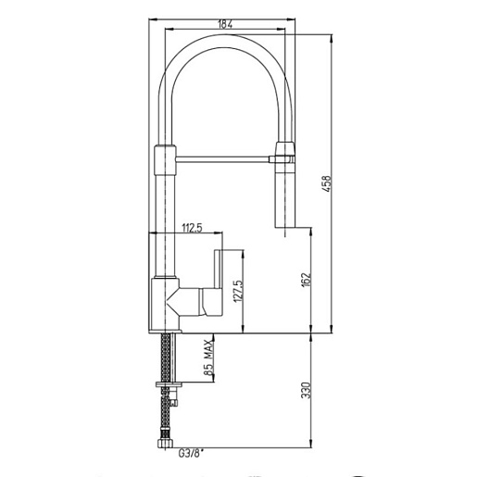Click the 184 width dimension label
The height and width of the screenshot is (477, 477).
point(225,24)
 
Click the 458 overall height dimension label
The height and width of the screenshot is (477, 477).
point(326,184)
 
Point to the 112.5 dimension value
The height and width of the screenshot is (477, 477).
point(192,228)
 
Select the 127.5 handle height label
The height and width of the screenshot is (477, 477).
point(239,291)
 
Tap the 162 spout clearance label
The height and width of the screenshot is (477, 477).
point(306,280)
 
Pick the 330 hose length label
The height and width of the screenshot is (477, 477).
point(306,390)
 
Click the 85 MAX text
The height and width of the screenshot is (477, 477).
point(209,358)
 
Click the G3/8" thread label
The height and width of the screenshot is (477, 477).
point(191,454)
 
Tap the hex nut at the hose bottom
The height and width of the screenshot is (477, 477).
point(166,443)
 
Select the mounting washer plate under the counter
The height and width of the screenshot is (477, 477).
point(169,384)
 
